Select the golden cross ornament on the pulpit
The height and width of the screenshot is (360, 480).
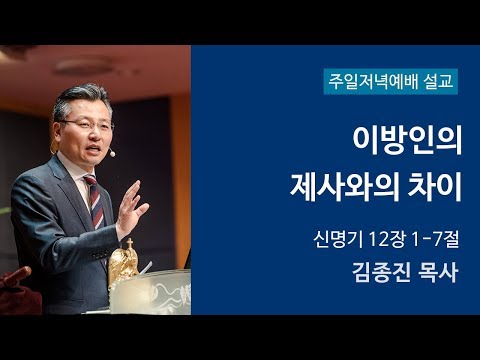[124, 262]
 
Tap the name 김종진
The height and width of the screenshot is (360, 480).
[374, 273]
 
